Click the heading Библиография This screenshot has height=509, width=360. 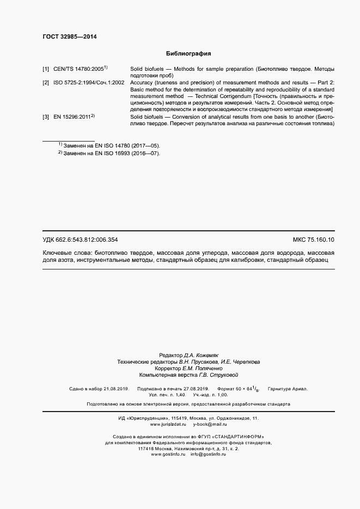[x=188, y=54]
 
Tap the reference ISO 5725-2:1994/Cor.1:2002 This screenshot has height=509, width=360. [x=89, y=82]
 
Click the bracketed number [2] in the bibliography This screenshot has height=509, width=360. [x=46, y=82]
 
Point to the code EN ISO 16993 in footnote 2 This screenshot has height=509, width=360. [x=109, y=154]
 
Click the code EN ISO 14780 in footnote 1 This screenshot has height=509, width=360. [x=109, y=146]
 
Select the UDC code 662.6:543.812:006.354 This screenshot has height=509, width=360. [x=88, y=240]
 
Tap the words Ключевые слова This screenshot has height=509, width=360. [x=67, y=253]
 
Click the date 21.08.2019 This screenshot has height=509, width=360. [x=115, y=389]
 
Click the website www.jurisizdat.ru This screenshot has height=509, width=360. [x=165, y=424]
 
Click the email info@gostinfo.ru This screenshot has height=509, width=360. [x=208, y=454]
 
